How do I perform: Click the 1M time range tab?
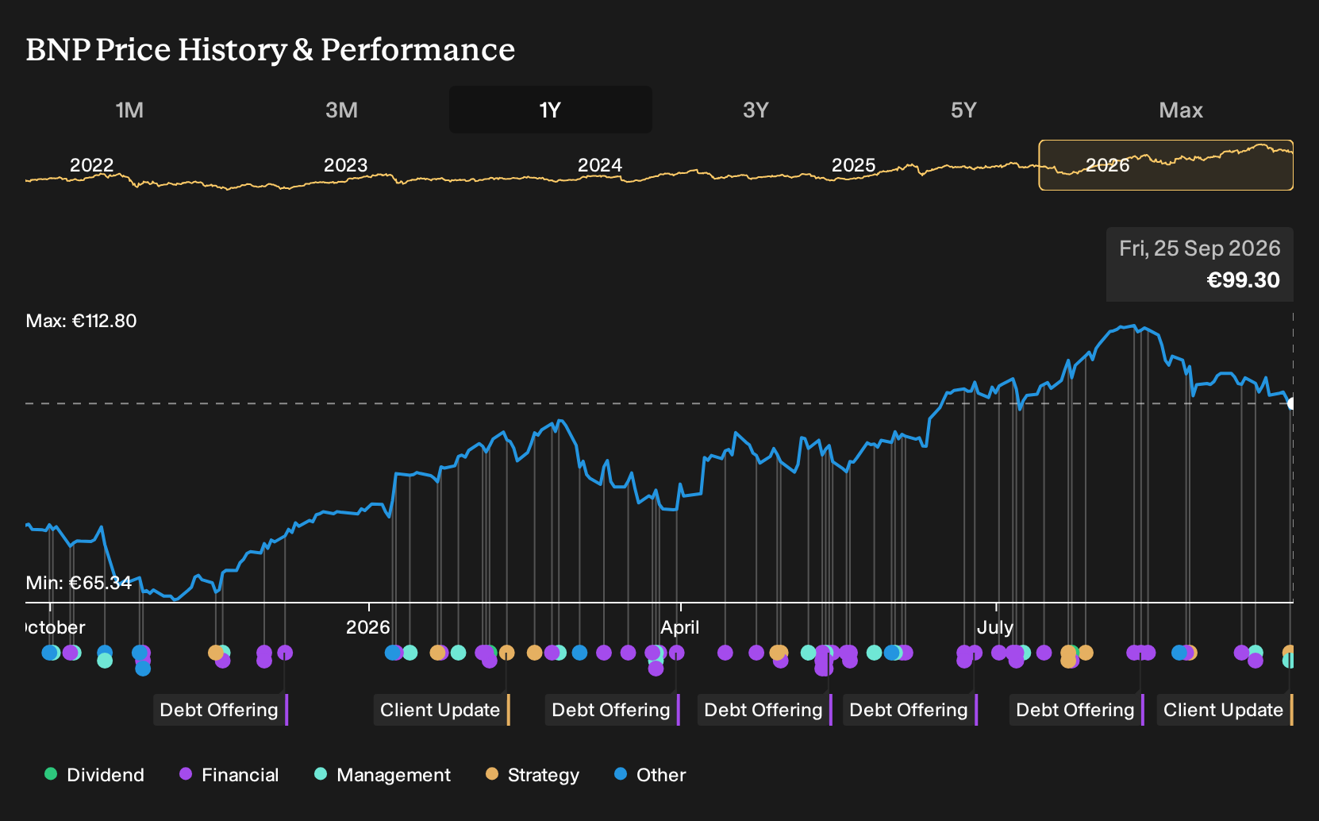click(x=129, y=110)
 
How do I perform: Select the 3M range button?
click(x=341, y=110)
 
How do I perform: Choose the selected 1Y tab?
click(x=551, y=110)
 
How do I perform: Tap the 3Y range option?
click(x=756, y=110)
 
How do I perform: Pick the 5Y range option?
click(x=964, y=110)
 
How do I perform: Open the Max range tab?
click(x=1181, y=110)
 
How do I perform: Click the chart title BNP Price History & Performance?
click(x=271, y=50)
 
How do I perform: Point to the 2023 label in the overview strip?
click(x=346, y=165)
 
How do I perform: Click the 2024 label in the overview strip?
click(x=599, y=165)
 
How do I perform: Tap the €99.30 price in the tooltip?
click(x=1243, y=280)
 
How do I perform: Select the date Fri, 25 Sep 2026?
click(x=1199, y=249)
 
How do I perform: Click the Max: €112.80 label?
click(x=81, y=321)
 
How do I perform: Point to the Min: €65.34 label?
click(x=79, y=583)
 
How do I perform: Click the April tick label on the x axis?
click(x=680, y=627)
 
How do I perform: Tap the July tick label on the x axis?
click(x=995, y=627)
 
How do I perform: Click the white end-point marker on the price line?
click(x=1290, y=404)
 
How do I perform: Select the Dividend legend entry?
click(x=94, y=774)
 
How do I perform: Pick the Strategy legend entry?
click(x=533, y=774)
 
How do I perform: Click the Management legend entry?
click(x=383, y=774)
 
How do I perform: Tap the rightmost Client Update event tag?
click(x=1225, y=710)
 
